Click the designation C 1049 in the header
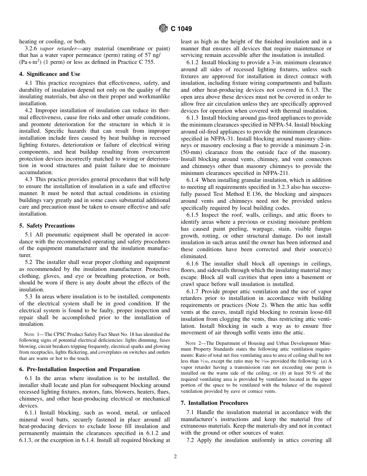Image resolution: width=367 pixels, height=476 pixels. click(x=181, y=29)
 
